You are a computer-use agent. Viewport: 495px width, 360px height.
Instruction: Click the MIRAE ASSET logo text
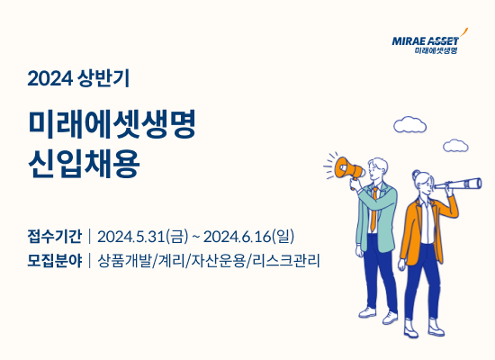(425, 40)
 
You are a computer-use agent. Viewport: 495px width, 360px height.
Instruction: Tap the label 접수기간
(55, 238)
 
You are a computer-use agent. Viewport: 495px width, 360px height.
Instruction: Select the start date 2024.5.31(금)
(145, 238)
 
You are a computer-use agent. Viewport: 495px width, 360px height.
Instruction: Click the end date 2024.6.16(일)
(248, 238)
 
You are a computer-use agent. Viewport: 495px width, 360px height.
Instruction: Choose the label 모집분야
(55, 262)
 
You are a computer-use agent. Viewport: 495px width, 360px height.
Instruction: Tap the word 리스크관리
(287, 262)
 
